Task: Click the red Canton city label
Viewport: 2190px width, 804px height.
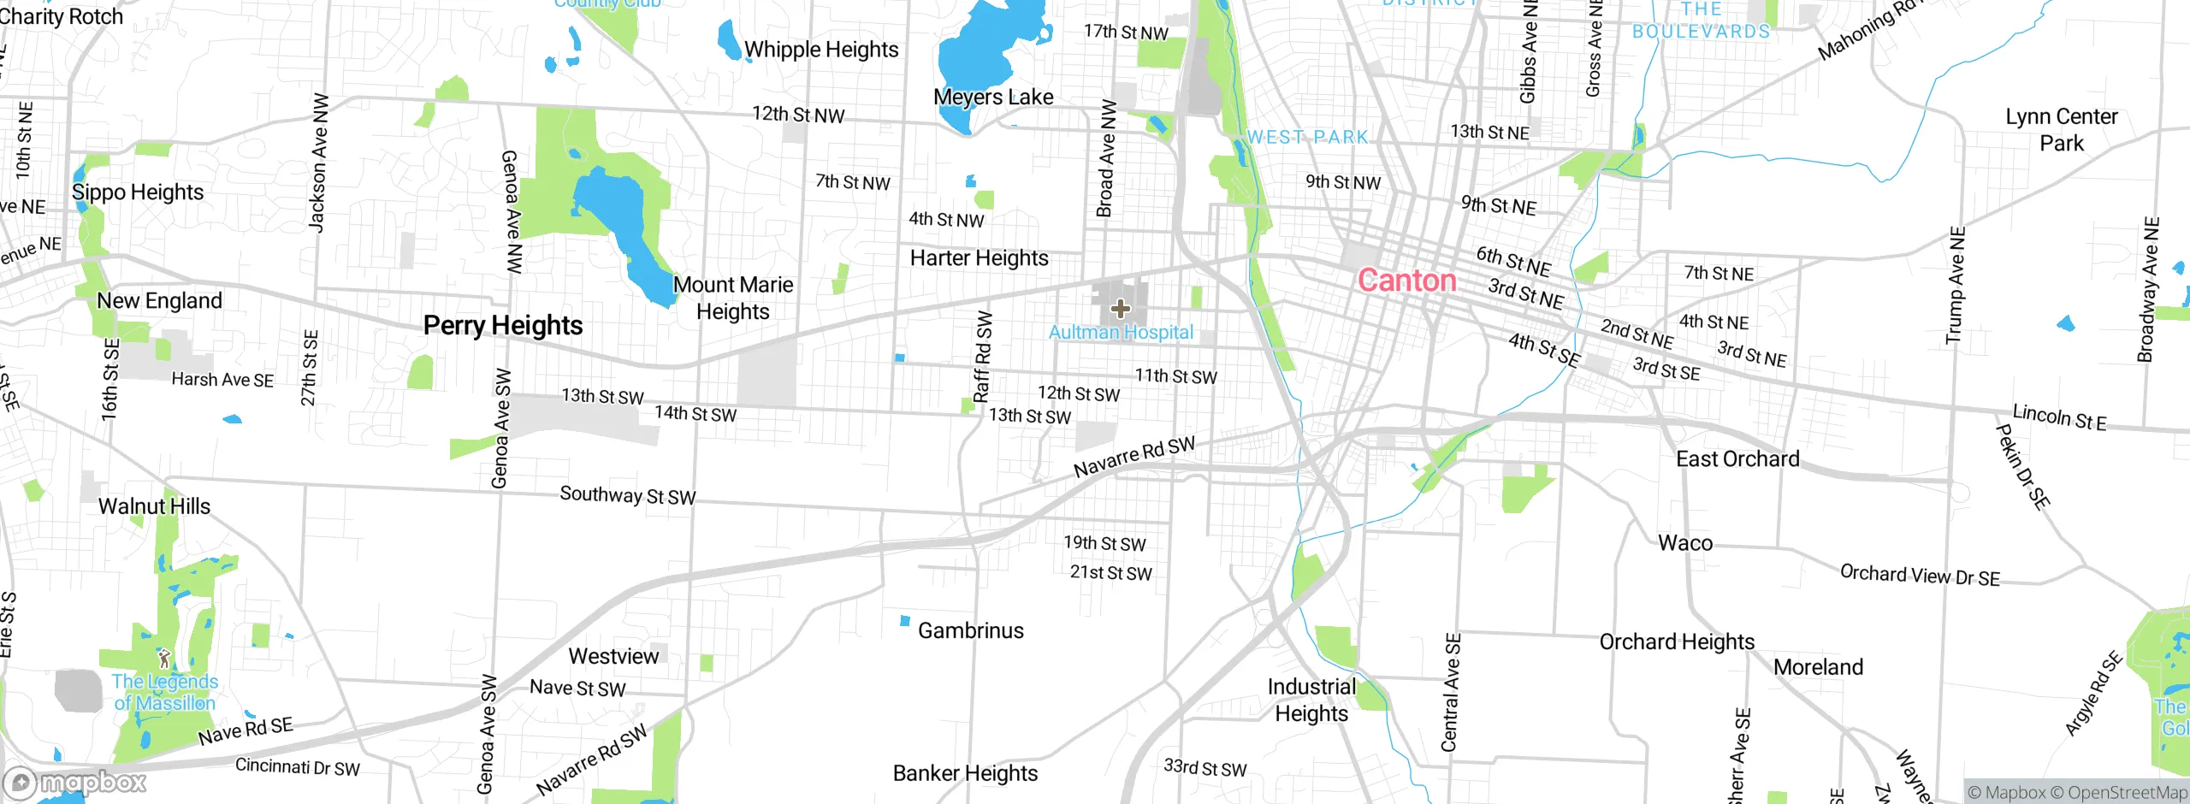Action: click(1406, 281)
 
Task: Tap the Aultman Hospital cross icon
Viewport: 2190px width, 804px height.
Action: click(1120, 309)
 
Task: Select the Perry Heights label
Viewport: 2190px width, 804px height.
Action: click(503, 325)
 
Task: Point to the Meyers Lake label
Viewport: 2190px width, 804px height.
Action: click(993, 97)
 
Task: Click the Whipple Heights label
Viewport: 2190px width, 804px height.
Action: click(821, 50)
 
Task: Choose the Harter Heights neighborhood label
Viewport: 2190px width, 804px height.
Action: click(979, 257)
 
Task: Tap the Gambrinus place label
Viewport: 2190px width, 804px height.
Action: click(970, 630)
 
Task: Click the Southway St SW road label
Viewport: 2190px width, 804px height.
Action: click(627, 495)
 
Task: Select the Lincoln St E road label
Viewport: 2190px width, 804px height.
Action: click(2059, 417)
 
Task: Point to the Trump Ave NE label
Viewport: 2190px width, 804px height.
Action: click(1956, 285)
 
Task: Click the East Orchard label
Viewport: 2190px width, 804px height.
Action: click(1737, 459)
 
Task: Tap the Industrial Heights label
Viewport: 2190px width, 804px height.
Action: click(1311, 700)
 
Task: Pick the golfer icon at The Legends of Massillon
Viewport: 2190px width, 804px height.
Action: click(164, 658)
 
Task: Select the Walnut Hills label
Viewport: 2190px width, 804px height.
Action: click(154, 506)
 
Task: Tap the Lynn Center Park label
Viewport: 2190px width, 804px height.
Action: click(2062, 129)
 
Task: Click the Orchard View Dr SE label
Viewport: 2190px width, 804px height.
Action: click(1920, 575)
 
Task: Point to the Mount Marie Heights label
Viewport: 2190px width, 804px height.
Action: click(733, 298)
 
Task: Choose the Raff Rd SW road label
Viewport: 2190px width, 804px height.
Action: click(983, 356)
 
